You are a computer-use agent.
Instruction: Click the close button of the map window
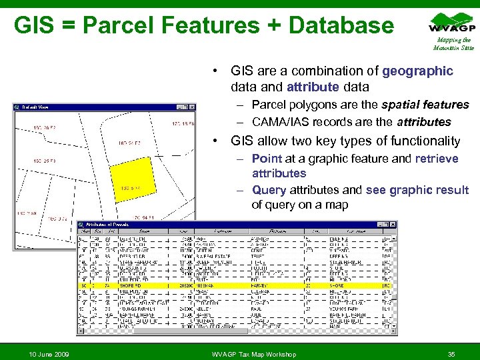point(192,107)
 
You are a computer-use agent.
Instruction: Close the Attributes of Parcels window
point(395,226)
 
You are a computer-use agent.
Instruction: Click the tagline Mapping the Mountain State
point(453,44)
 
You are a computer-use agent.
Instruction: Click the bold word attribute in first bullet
point(309,87)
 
